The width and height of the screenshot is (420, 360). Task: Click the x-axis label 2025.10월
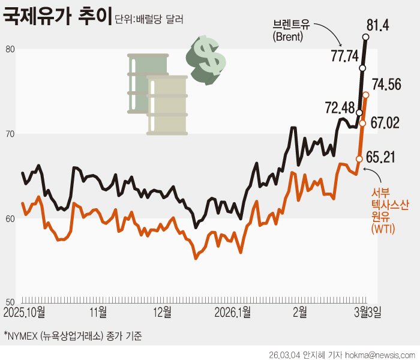point(28,313)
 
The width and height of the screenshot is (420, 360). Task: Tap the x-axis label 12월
point(162,313)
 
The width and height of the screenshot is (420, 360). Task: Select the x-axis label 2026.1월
point(232,313)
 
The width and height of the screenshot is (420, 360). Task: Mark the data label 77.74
point(344,56)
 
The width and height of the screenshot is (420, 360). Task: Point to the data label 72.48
point(340,108)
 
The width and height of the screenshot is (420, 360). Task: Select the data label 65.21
point(387,160)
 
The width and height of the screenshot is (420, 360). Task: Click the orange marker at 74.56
point(365,95)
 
